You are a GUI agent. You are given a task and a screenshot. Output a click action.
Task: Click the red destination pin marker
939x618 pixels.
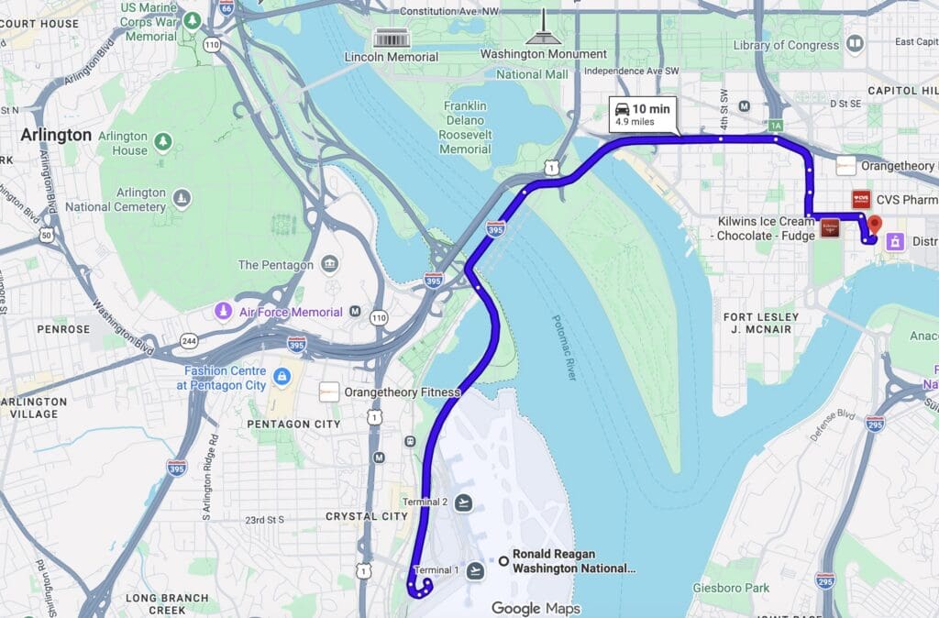[874, 224]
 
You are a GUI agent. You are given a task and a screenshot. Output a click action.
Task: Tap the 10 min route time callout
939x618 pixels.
[644, 115]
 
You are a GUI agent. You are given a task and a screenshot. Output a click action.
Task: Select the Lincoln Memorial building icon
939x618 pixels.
[392, 39]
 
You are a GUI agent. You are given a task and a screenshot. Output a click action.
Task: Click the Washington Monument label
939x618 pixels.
[544, 54]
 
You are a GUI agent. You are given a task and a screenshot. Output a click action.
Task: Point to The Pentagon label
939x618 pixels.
[276, 265]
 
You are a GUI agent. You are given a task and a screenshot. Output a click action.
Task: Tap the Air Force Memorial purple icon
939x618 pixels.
[222, 312]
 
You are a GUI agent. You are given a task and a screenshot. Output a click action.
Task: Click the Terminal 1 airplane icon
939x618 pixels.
[474, 571]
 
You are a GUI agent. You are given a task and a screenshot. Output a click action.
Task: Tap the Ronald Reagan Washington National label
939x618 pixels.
[573, 561]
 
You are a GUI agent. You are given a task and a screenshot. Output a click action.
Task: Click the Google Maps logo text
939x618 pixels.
[536, 608]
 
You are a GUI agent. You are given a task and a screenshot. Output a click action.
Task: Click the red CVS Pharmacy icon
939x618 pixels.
[861, 199]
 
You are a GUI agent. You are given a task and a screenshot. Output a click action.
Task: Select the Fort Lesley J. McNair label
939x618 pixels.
[761, 323]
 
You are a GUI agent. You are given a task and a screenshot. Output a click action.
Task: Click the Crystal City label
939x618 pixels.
[366, 516]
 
